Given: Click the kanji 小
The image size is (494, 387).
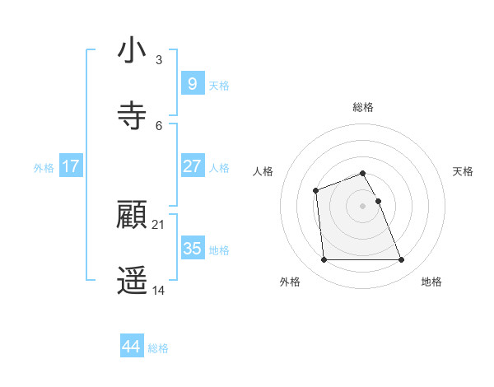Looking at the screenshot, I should click(x=132, y=51).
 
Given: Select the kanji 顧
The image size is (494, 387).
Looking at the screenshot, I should click(x=132, y=217).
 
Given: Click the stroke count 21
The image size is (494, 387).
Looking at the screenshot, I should click(x=159, y=225).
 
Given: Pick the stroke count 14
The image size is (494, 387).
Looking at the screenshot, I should click(x=159, y=290).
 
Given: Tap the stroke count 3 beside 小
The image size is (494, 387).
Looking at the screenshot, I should click(x=159, y=59).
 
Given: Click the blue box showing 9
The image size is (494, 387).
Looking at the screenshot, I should click(x=192, y=83).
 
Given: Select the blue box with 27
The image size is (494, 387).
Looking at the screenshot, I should click(x=192, y=166).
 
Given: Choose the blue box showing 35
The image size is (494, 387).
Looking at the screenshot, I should click(x=192, y=248).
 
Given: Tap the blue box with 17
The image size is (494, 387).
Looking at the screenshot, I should click(x=71, y=166).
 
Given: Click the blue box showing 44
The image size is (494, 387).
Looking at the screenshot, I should click(x=132, y=346).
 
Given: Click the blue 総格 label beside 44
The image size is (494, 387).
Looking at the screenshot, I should click(x=158, y=348).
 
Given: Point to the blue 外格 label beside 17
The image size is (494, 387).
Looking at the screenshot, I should click(x=44, y=168).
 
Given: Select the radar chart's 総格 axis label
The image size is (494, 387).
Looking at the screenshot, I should click(x=363, y=107).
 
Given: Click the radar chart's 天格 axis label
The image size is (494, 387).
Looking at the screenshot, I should click(x=463, y=171).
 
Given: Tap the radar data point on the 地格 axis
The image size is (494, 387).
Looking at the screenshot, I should click(x=402, y=260).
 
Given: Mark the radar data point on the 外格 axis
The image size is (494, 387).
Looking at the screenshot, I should click(x=324, y=260).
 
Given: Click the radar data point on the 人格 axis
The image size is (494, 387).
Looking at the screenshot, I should click(x=315, y=191).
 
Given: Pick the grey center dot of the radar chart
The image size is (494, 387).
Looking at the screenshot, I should click(x=363, y=206).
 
